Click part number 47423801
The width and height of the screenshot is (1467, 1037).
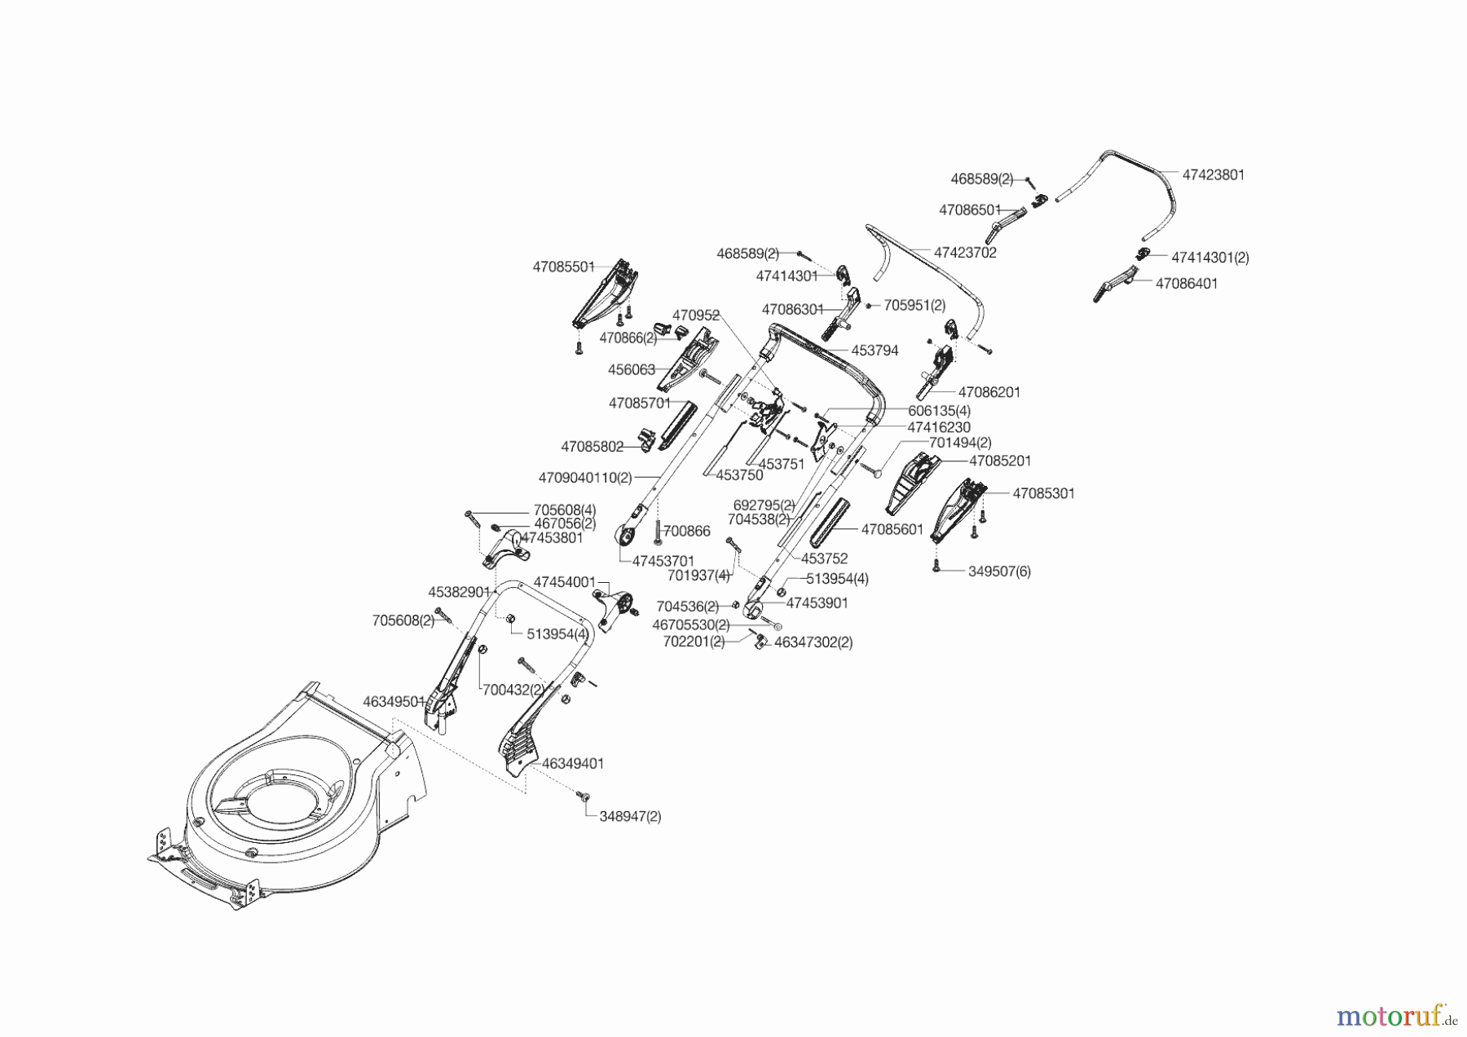point(1213,175)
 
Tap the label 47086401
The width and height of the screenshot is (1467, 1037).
point(1187,284)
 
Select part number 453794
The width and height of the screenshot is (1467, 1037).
point(874,351)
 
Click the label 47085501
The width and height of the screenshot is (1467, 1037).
point(563,267)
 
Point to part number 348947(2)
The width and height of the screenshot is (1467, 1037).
point(630,816)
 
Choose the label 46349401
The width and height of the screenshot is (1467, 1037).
point(573,764)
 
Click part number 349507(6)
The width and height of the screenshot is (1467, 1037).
point(999,571)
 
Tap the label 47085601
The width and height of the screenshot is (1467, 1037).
point(892,530)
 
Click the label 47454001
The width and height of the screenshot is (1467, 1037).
point(564,582)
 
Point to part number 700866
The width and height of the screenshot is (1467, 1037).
point(686,532)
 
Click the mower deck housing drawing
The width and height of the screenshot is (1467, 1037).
point(285,799)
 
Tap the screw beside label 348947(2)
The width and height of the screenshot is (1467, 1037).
point(583,795)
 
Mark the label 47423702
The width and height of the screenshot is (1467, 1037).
point(965,253)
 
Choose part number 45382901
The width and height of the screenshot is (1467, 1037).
point(459,592)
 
